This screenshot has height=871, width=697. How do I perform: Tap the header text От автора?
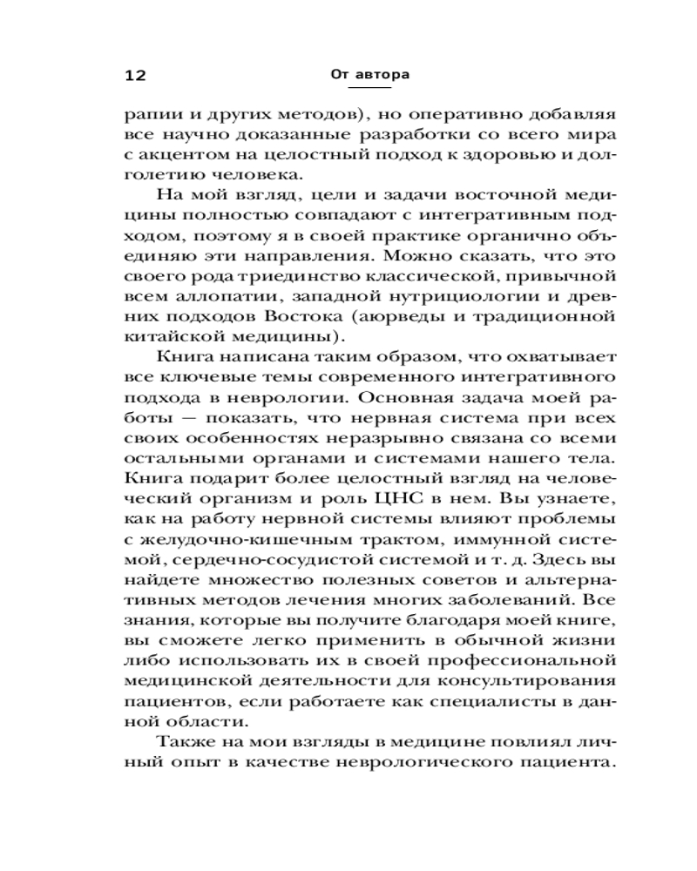point(370,75)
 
